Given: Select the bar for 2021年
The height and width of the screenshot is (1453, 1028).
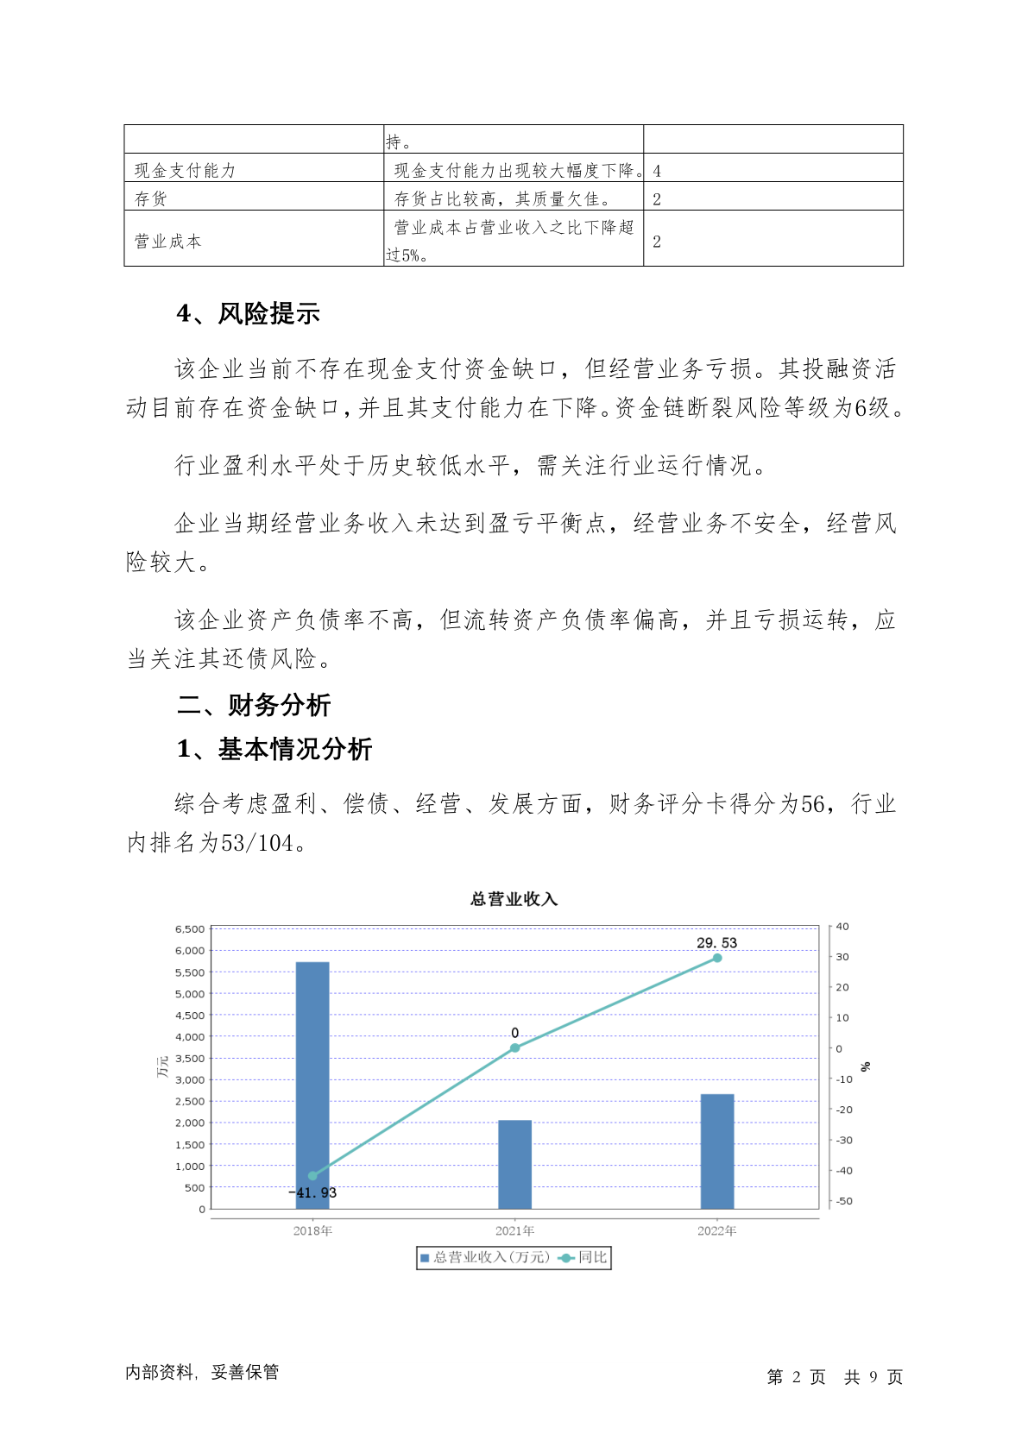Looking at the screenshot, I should [x=514, y=1164].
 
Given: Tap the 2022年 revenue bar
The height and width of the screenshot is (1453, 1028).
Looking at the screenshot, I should [x=716, y=1151].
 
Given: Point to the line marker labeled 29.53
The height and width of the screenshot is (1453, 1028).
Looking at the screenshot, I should [x=716, y=958].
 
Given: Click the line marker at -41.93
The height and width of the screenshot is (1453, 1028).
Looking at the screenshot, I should [x=312, y=1176].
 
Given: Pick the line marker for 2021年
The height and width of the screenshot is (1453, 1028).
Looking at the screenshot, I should [x=514, y=1047].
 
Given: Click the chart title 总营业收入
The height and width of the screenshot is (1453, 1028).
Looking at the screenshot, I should [x=514, y=899].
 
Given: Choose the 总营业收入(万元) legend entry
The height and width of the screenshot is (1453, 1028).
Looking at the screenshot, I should [x=485, y=1257].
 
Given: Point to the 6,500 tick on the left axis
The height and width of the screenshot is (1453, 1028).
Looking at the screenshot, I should [x=190, y=929].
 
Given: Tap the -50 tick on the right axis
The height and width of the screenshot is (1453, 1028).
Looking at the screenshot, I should [x=843, y=1201].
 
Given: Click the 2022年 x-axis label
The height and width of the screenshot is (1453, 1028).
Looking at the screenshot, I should [x=716, y=1230].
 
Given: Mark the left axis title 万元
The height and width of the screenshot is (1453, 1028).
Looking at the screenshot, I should [x=162, y=1066].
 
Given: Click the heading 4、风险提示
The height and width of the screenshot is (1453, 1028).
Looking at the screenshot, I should [x=248, y=313].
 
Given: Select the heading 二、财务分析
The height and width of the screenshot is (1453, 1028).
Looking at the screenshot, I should [x=254, y=705].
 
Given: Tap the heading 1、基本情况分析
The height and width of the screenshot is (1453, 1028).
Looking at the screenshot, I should [x=274, y=749].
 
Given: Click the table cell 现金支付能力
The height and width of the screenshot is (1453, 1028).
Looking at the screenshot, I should [x=185, y=170].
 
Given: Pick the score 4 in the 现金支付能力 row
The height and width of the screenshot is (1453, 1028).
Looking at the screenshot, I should [x=657, y=171].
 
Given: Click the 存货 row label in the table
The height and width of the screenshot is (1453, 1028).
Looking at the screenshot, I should [x=151, y=198].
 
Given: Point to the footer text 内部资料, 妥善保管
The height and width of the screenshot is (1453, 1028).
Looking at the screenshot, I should [x=202, y=1372].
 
